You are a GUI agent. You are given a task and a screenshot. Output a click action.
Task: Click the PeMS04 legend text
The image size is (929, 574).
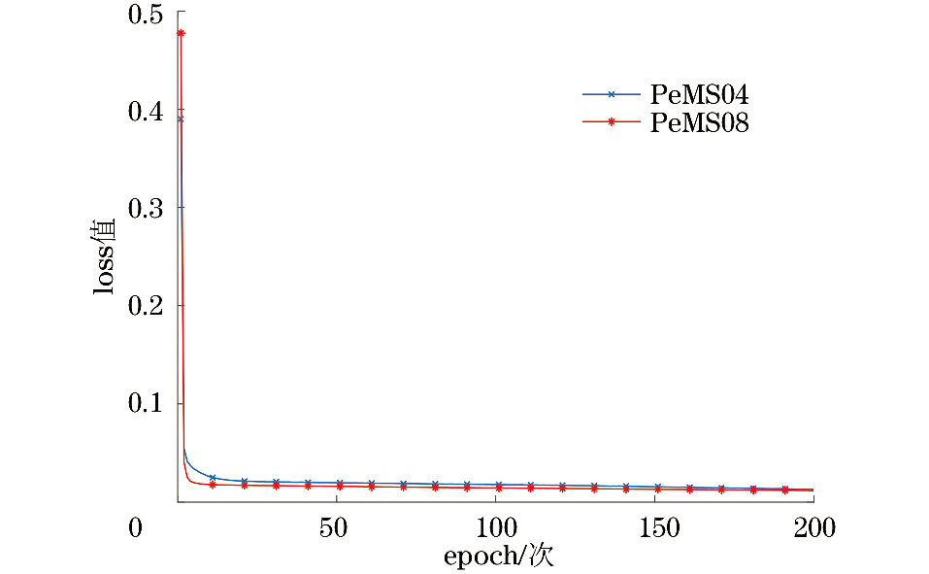click(699, 95)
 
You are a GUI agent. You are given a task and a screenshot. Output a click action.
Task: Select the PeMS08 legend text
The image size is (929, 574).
click(699, 123)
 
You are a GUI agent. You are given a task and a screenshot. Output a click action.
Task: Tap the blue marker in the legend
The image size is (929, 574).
click(612, 94)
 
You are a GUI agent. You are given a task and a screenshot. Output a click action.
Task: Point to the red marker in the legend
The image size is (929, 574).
click(612, 122)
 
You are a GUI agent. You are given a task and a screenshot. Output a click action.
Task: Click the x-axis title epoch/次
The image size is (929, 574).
click(498, 557)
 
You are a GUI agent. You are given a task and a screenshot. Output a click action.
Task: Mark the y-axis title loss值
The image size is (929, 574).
click(105, 256)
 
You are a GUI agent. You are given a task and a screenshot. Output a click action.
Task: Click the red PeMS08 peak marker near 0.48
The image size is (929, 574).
click(181, 33)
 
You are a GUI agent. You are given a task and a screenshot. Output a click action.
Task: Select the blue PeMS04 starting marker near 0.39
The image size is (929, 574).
click(180, 119)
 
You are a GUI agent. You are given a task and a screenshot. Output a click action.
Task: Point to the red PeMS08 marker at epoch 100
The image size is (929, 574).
click(498, 489)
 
